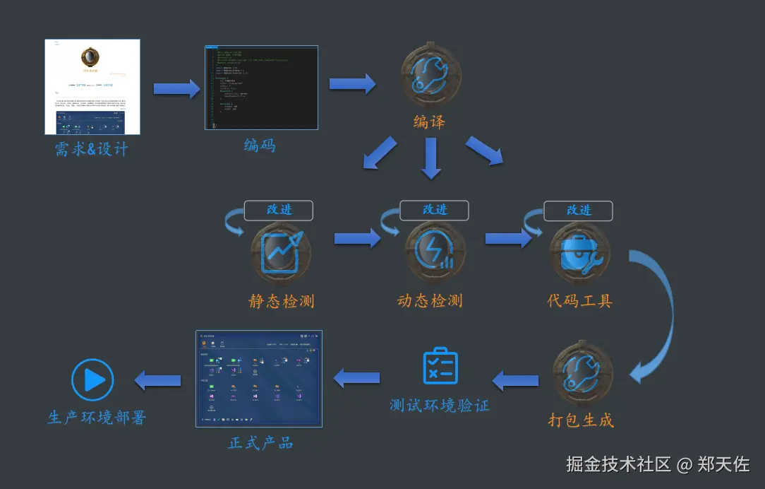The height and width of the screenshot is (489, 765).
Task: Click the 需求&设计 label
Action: point(92,149)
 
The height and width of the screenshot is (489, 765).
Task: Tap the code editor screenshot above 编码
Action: point(261,88)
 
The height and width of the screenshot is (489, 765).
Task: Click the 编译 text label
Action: point(429,122)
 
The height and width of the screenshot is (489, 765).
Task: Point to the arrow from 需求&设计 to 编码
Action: point(176,89)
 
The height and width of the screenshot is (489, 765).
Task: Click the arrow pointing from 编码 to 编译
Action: point(352,83)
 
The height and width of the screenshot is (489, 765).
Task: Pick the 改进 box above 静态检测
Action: point(279,210)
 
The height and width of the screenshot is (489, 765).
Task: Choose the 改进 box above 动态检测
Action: point(435,210)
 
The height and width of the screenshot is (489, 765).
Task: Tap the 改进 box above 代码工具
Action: point(578,211)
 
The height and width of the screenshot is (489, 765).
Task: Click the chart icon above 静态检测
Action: point(281,254)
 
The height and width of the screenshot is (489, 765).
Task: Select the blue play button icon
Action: point(92,380)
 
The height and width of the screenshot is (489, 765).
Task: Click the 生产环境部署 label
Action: point(97,418)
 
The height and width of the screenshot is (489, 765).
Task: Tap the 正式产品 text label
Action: point(260,443)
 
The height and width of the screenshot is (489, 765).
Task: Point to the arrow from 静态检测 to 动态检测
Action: point(357,238)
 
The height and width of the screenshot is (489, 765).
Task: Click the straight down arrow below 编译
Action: point(431,158)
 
